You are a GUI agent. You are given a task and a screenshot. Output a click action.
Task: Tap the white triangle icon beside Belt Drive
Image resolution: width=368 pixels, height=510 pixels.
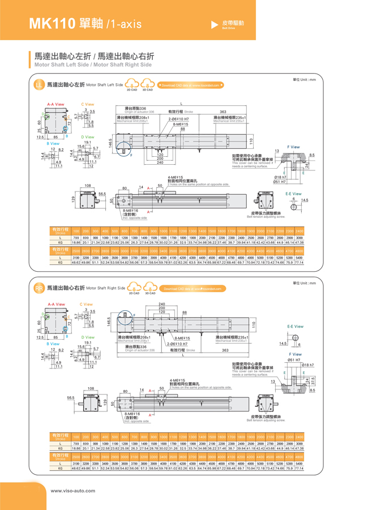point(215,25)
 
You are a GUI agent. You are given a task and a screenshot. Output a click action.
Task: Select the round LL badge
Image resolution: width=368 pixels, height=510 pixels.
point(40,85)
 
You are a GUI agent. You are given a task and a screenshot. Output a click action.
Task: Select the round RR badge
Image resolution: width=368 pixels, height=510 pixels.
point(40,289)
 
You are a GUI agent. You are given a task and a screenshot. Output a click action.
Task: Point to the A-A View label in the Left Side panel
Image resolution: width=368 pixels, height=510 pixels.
point(55,104)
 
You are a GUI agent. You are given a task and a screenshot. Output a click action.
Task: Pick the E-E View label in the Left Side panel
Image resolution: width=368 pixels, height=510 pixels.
point(293,194)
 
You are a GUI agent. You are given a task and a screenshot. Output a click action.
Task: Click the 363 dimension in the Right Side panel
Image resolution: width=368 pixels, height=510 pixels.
point(225,350)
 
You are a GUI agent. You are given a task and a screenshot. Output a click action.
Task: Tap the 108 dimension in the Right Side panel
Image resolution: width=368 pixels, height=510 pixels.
point(91,388)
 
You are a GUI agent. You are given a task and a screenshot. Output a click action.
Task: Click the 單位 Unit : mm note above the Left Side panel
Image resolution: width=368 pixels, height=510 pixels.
point(304,79)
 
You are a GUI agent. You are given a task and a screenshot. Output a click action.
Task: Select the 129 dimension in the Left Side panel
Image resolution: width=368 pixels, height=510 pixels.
point(73,199)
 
